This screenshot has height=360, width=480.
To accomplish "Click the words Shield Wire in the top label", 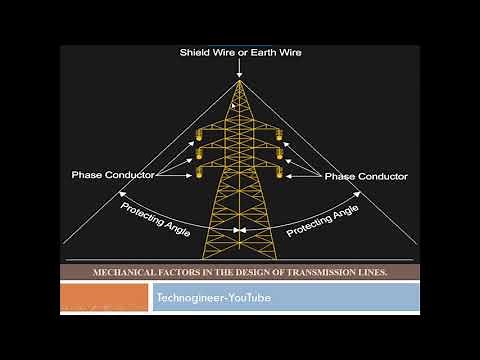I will (x=207, y=51).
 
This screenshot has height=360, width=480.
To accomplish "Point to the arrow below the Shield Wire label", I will (x=240, y=68).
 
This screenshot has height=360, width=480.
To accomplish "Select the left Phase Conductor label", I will (x=113, y=175).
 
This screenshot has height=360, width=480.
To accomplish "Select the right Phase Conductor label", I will (x=367, y=175).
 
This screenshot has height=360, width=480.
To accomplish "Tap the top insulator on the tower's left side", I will (x=199, y=134).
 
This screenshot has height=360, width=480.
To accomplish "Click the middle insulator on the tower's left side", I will (x=199, y=155).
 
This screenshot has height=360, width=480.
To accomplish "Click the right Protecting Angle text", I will (x=322, y=220).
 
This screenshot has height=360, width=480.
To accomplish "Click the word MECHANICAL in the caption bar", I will (x=127, y=271).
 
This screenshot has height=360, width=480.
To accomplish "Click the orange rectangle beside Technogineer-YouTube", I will (x=105, y=297).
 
